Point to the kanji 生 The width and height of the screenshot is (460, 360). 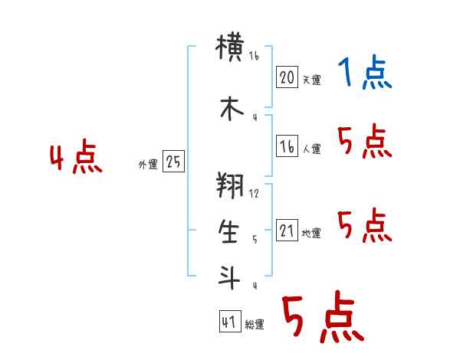pyautogui.click(x=230, y=232)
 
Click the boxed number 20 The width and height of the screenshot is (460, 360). pyautogui.click(x=287, y=77)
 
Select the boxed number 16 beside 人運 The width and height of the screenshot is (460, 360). pyautogui.click(x=287, y=146)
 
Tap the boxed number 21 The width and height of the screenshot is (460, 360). pyautogui.click(x=287, y=231)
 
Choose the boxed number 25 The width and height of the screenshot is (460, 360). pyautogui.click(x=173, y=162)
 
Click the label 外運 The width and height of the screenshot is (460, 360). pyautogui.click(x=148, y=165)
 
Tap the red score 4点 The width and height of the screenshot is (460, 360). pyautogui.click(x=76, y=159)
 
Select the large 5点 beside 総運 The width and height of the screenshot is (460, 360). pyautogui.click(x=323, y=318)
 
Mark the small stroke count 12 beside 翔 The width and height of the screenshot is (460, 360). pyautogui.click(x=255, y=193)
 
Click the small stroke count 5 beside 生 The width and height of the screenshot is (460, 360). pyautogui.click(x=255, y=239)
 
